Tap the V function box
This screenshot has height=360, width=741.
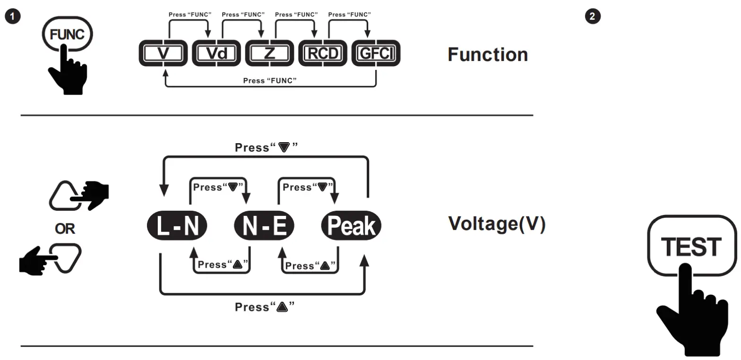163,53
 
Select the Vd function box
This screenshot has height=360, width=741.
216,53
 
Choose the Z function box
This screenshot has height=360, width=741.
269,53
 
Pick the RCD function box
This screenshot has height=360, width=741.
323,53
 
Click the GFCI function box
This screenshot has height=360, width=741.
376,53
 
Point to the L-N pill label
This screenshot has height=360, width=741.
177,225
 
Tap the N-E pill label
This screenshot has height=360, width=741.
264,225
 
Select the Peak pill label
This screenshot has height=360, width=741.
351,225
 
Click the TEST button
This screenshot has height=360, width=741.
692,245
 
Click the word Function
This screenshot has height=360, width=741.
488,54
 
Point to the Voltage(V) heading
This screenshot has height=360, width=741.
497,224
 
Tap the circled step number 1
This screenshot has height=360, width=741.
13,16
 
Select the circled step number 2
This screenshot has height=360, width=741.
593,16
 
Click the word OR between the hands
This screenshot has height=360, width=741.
65,229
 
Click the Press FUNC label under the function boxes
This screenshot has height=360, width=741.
269,81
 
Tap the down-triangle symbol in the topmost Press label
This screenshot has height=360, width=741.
284,147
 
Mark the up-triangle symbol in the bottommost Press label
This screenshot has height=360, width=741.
282,307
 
